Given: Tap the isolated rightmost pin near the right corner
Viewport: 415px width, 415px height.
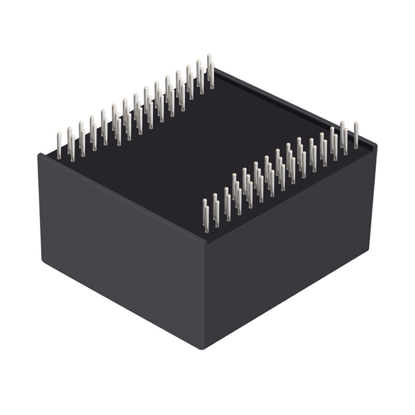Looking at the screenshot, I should coord(356,135).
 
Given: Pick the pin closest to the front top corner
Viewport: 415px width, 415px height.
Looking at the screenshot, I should coord(205,215).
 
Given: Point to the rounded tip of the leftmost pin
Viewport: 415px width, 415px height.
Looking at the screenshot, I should coord(59,134).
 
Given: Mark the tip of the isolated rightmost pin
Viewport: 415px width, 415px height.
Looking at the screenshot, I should coord(356,124).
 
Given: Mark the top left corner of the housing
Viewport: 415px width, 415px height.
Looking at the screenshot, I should coord(39,155).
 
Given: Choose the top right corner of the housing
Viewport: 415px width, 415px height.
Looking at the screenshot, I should coord(376,146).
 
